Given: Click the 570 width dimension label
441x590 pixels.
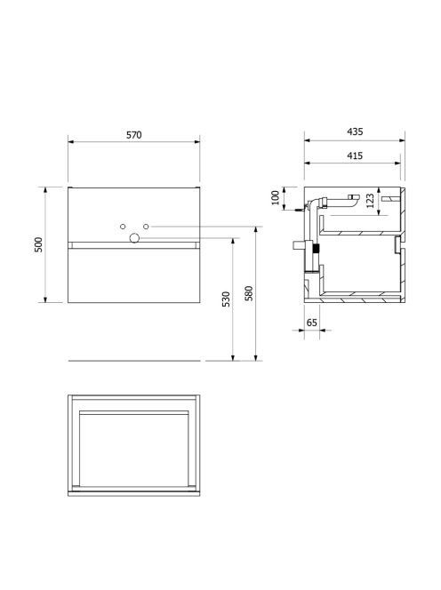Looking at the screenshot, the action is [133, 135].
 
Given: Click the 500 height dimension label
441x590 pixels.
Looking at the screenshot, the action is [38, 244].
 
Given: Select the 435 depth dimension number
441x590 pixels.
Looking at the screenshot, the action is [355, 132].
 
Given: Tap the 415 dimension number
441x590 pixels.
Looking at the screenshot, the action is [355, 155].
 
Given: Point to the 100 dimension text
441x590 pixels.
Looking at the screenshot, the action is [276, 198].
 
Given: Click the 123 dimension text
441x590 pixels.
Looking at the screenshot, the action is [370, 201].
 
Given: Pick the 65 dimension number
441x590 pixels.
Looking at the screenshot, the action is [312, 323].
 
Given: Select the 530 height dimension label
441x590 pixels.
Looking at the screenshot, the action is [226, 299].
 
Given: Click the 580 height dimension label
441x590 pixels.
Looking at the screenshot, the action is [249, 293].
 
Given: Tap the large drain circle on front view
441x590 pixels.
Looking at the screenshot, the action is [134, 238].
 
